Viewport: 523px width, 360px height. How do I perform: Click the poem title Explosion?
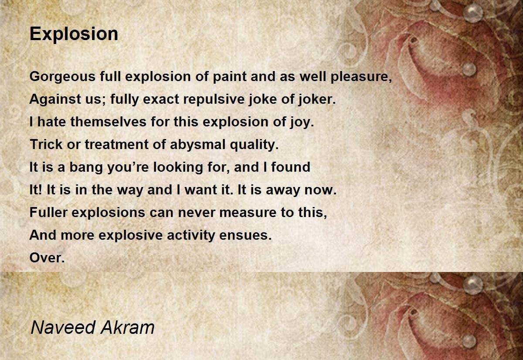point(74,34)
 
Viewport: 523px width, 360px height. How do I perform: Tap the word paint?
point(230,77)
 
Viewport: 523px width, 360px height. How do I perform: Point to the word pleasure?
point(361,77)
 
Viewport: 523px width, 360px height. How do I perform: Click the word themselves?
point(109,122)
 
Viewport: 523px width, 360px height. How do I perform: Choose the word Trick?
point(46,144)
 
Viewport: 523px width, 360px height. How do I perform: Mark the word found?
point(291,167)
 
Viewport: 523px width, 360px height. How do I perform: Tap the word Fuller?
point(48,212)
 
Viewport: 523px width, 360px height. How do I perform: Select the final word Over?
point(47,258)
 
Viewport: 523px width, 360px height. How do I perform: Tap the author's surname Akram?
point(127,327)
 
